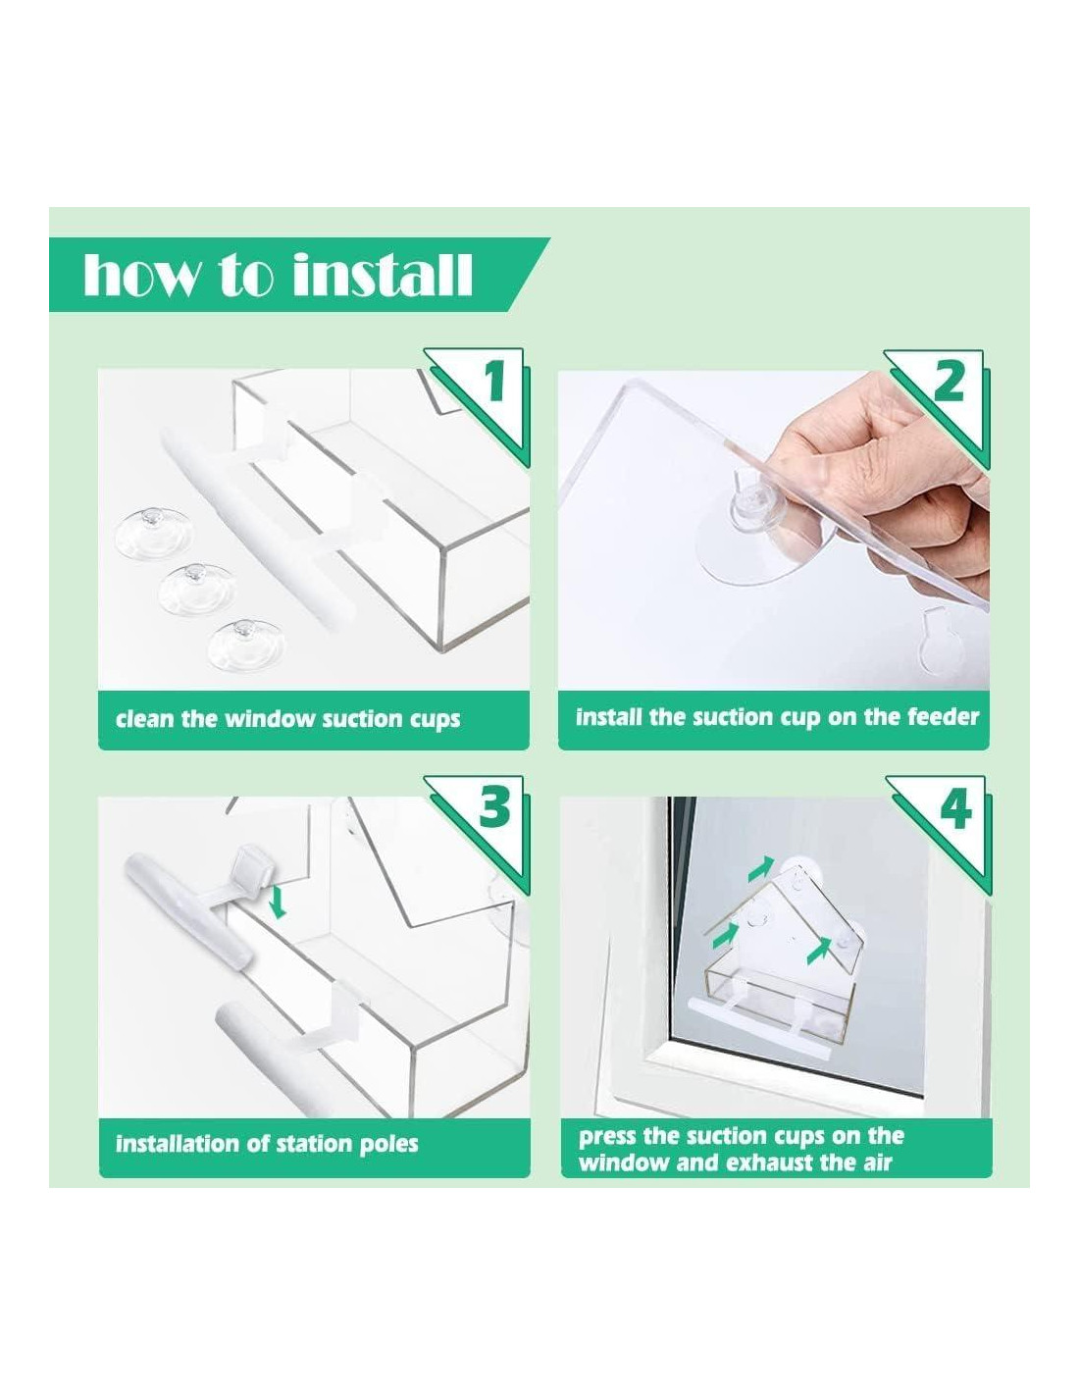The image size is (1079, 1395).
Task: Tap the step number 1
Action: [x=493, y=382]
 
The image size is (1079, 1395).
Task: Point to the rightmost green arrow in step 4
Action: [x=818, y=949]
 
